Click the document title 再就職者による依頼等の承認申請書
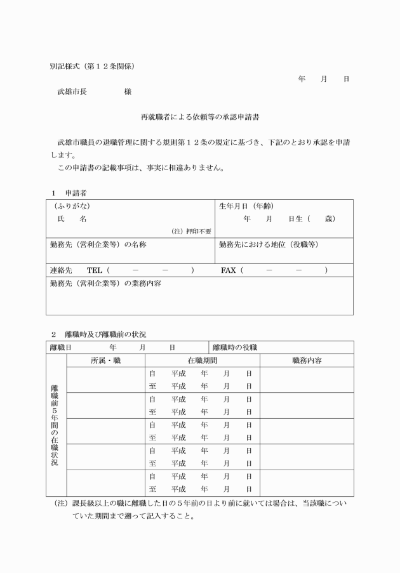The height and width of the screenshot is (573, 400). click(200, 117)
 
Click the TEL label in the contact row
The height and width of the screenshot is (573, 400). click(94, 270)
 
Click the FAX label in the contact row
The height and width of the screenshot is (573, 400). click(228, 270)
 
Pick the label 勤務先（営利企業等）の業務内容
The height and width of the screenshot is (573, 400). click(105, 283)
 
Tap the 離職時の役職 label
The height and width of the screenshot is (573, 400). click(235, 348)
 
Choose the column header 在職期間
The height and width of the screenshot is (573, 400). click(203, 360)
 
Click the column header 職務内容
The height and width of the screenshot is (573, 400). click(307, 360)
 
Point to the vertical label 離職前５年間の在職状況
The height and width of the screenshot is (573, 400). click(55, 425)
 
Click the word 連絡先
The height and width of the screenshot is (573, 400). click(61, 270)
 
